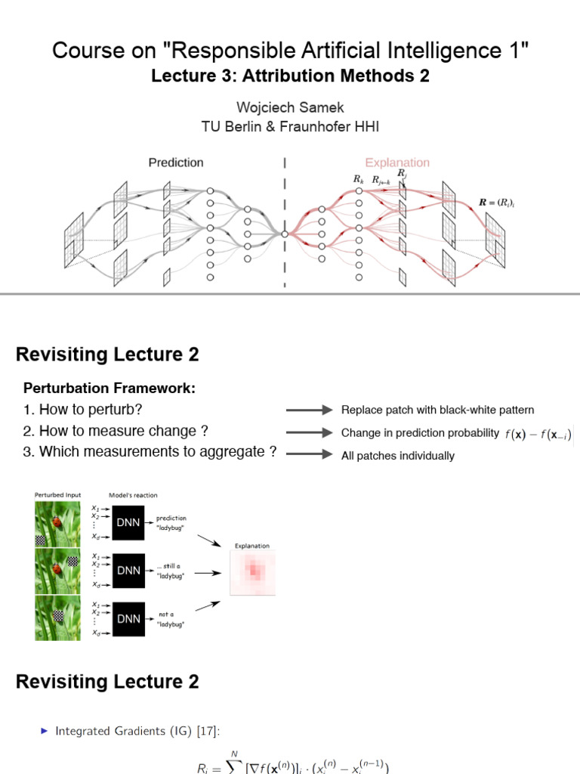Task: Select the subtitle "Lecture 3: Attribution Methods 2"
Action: click(290, 76)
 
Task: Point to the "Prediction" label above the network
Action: click(175, 162)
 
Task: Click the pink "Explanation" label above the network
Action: click(397, 162)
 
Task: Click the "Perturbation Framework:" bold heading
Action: click(110, 389)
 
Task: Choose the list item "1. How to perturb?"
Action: click(83, 410)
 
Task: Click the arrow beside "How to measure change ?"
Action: click(309, 432)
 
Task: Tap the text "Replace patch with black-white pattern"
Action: click(437, 410)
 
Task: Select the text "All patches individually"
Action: click(398, 456)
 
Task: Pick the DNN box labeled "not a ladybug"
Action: click(128, 618)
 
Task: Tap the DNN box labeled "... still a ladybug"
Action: click(128, 571)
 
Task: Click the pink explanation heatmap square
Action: click(252, 572)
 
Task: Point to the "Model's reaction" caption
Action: click(134, 495)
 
